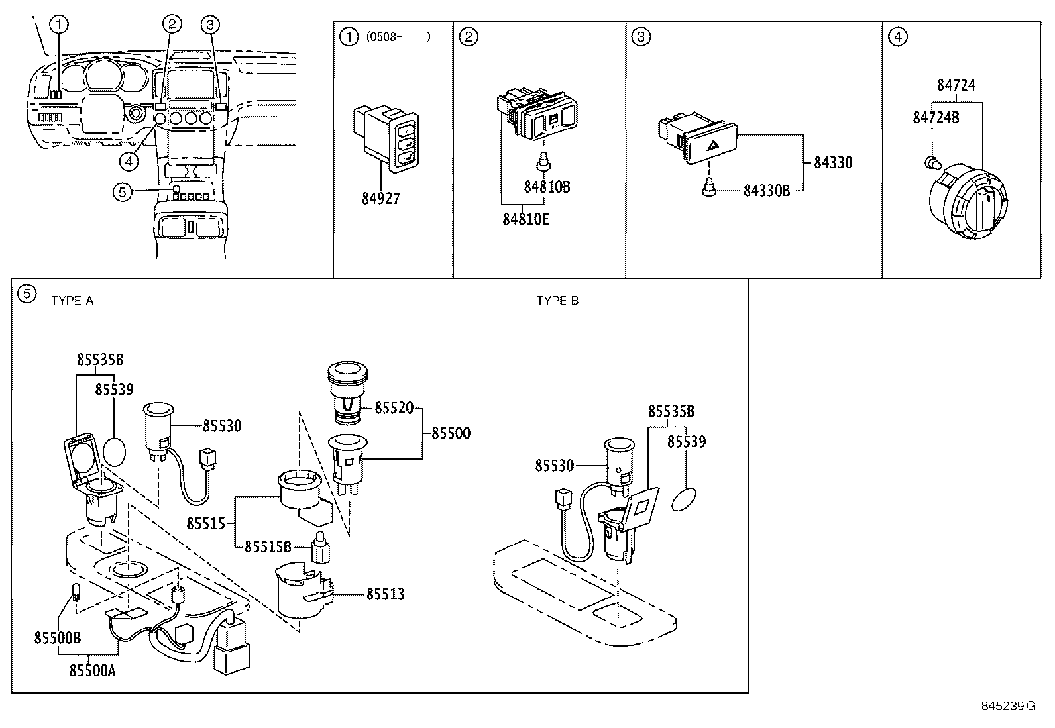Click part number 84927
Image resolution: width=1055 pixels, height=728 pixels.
[x=381, y=198]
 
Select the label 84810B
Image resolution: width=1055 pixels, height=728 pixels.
[x=546, y=187]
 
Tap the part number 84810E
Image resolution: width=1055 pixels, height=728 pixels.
[x=526, y=219]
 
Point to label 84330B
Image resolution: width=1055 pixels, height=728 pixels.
[x=766, y=191]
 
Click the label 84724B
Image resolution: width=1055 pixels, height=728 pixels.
[x=936, y=117]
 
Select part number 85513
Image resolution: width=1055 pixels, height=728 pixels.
[x=385, y=594]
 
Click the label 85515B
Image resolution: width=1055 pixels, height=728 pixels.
[x=268, y=547]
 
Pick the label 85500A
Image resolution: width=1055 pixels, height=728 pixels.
[x=92, y=670]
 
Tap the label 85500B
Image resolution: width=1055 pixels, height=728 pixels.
[x=58, y=637]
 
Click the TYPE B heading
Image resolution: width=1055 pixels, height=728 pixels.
[x=557, y=301]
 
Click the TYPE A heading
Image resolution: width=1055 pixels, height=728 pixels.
[x=72, y=301]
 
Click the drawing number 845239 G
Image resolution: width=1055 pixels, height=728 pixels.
[x=1007, y=705]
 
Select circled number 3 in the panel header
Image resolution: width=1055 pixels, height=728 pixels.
[x=640, y=36]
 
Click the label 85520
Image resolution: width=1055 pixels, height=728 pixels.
[x=394, y=408]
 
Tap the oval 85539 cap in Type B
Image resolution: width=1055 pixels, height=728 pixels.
[x=685, y=499]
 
